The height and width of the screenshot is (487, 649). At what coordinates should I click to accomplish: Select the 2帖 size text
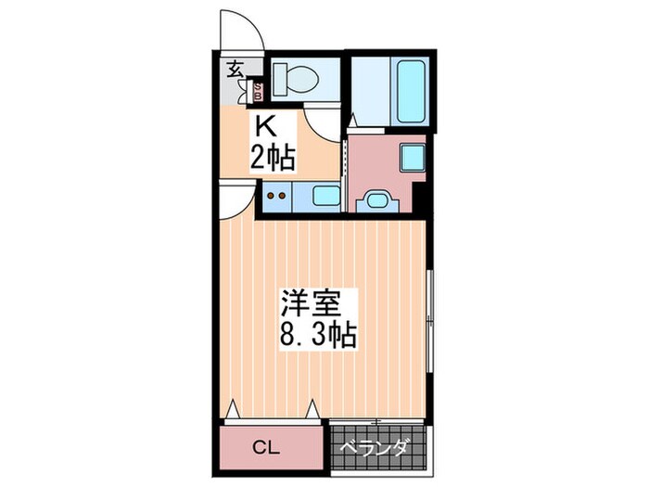[271, 158]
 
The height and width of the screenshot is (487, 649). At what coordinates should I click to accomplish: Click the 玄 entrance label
[235, 69]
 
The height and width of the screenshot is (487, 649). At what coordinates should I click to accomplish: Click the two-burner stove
[275, 196]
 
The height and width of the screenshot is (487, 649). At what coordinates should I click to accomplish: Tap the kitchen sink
[324, 196]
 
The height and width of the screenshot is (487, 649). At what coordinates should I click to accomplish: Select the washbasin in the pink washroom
[375, 199]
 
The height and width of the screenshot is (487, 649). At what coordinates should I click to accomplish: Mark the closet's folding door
[274, 410]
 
